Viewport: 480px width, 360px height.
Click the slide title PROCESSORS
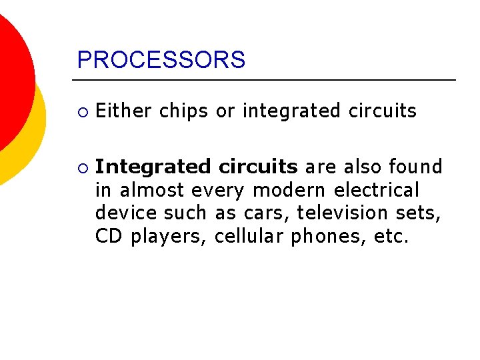[x=161, y=60]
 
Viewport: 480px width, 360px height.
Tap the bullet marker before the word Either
[x=81, y=111]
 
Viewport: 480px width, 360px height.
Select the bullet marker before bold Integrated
[x=81, y=167]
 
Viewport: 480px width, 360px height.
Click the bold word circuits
[x=259, y=167]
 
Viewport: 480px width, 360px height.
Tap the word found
[x=415, y=167]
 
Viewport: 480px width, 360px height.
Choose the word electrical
[x=377, y=190]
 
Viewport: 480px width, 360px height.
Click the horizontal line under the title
[x=267, y=80]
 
